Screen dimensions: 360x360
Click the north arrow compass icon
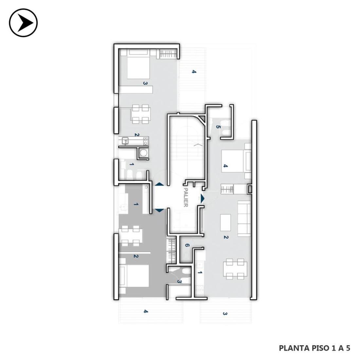click(23, 23)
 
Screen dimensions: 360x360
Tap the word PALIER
click(186, 197)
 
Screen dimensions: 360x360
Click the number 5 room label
click(218, 127)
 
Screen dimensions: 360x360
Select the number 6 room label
click(187, 245)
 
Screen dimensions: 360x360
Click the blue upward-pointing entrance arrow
click(159, 184)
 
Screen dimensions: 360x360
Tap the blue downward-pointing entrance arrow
click(159, 210)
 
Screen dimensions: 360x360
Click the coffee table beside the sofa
click(225, 223)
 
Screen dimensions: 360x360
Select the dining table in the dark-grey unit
click(130, 236)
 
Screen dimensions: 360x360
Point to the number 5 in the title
click(348, 348)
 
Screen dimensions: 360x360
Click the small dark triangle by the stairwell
click(202, 118)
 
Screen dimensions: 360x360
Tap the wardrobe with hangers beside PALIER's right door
click(227, 189)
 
